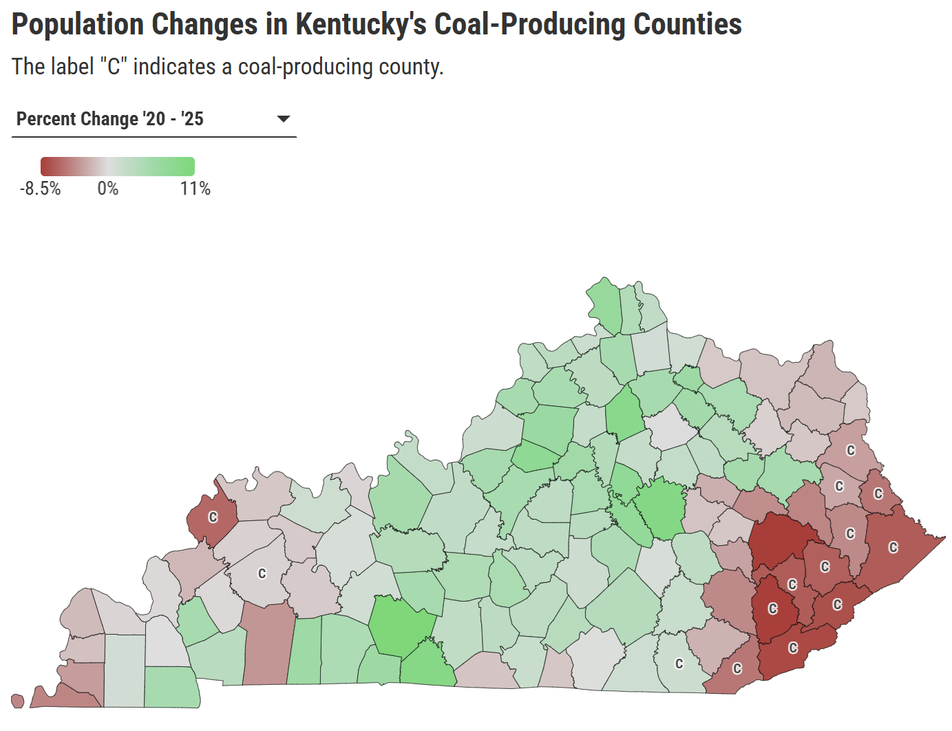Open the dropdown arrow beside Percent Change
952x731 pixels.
coord(283,119)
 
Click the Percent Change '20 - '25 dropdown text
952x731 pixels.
coord(110,119)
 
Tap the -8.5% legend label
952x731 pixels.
coord(41,189)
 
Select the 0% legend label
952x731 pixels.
coord(108,189)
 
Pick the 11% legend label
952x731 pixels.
coord(195,189)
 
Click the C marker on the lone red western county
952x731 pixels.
coord(213,517)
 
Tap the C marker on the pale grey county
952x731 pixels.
coord(262,573)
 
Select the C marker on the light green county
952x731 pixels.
coord(679,664)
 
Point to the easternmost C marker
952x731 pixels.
coord(893,547)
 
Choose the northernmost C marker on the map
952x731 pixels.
coord(851,450)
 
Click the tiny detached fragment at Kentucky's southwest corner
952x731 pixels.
coord(17,701)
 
